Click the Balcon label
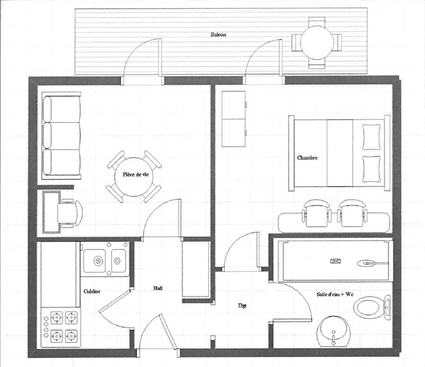(218, 35)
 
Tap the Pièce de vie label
(136, 175)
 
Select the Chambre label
(307, 158)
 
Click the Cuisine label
(92, 292)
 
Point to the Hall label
(158, 288)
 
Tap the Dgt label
(242, 306)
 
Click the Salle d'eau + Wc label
(335, 294)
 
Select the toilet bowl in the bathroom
(372, 307)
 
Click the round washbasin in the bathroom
(334, 331)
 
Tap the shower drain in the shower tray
(335, 261)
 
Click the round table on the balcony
(317, 42)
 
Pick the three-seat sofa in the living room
(61, 136)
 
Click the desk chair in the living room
(69, 213)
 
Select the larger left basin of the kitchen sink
(94, 261)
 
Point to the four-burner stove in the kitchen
(61, 327)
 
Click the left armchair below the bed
(317, 213)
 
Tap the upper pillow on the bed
(372, 137)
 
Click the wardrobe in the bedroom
(234, 119)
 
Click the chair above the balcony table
(317, 21)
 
